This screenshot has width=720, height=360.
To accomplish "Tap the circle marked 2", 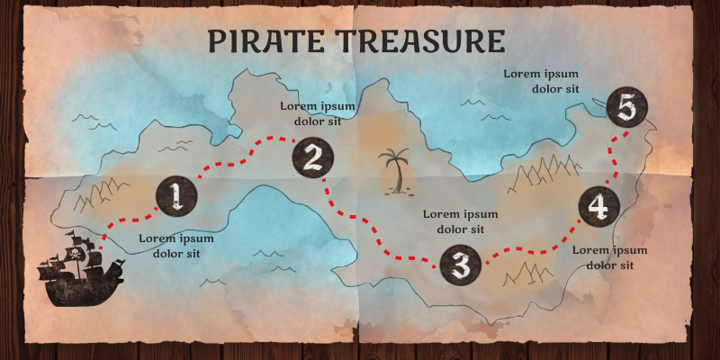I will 312,158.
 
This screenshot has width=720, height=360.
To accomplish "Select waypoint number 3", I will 461,265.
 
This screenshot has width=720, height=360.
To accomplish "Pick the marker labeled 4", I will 598,206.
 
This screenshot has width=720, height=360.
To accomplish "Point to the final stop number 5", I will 627,109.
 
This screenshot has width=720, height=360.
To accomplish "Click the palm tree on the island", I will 394,171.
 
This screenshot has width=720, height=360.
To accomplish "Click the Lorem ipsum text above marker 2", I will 317,112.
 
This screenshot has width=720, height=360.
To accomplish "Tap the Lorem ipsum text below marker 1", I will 176,246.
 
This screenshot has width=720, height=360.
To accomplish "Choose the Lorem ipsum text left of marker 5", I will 540,80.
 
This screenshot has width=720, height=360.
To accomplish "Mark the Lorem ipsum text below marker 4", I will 610,256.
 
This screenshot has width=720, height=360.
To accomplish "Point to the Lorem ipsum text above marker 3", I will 460,221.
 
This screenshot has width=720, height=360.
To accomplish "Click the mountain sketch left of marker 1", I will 99,192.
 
